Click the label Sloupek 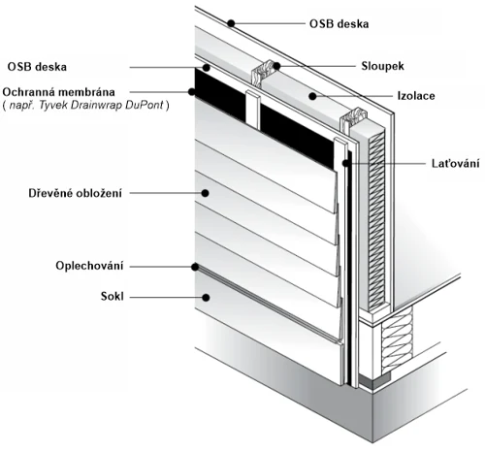pyautogui.click(x=382, y=66)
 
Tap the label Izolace pyautogui.click(x=416, y=96)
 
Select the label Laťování pyautogui.click(x=455, y=163)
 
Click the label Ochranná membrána pyautogui.click(x=58, y=92)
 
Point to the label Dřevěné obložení pyautogui.click(x=76, y=193)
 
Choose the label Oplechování pyautogui.click(x=89, y=266)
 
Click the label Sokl pyautogui.click(x=113, y=296)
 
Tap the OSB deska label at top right pyautogui.click(x=339, y=24)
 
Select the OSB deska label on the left pyautogui.click(x=37, y=67)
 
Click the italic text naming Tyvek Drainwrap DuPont pyautogui.click(x=85, y=106)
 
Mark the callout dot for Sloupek pyautogui.click(x=276, y=66)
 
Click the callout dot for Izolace pyautogui.click(x=312, y=96)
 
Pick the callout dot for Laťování pyautogui.click(x=346, y=163)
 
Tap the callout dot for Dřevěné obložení pyautogui.click(x=205, y=193)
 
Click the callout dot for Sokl pyautogui.click(x=206, y=298)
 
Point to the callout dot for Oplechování pyautogui.click(x=195, y=267)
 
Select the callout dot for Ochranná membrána pyautogui.click(x=192, y=92)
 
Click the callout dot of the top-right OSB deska pyautogui.click(x=231, y=23)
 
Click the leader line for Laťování pyautogui.click(x=386, y=164)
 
